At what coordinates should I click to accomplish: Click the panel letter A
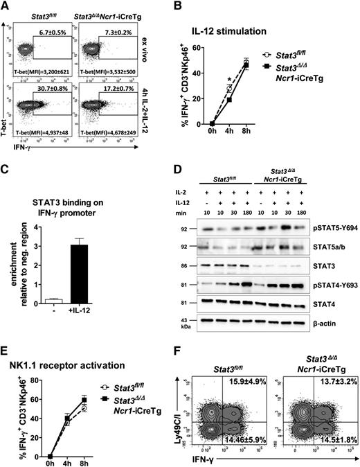pyautogui.click(x=6, y=6)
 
